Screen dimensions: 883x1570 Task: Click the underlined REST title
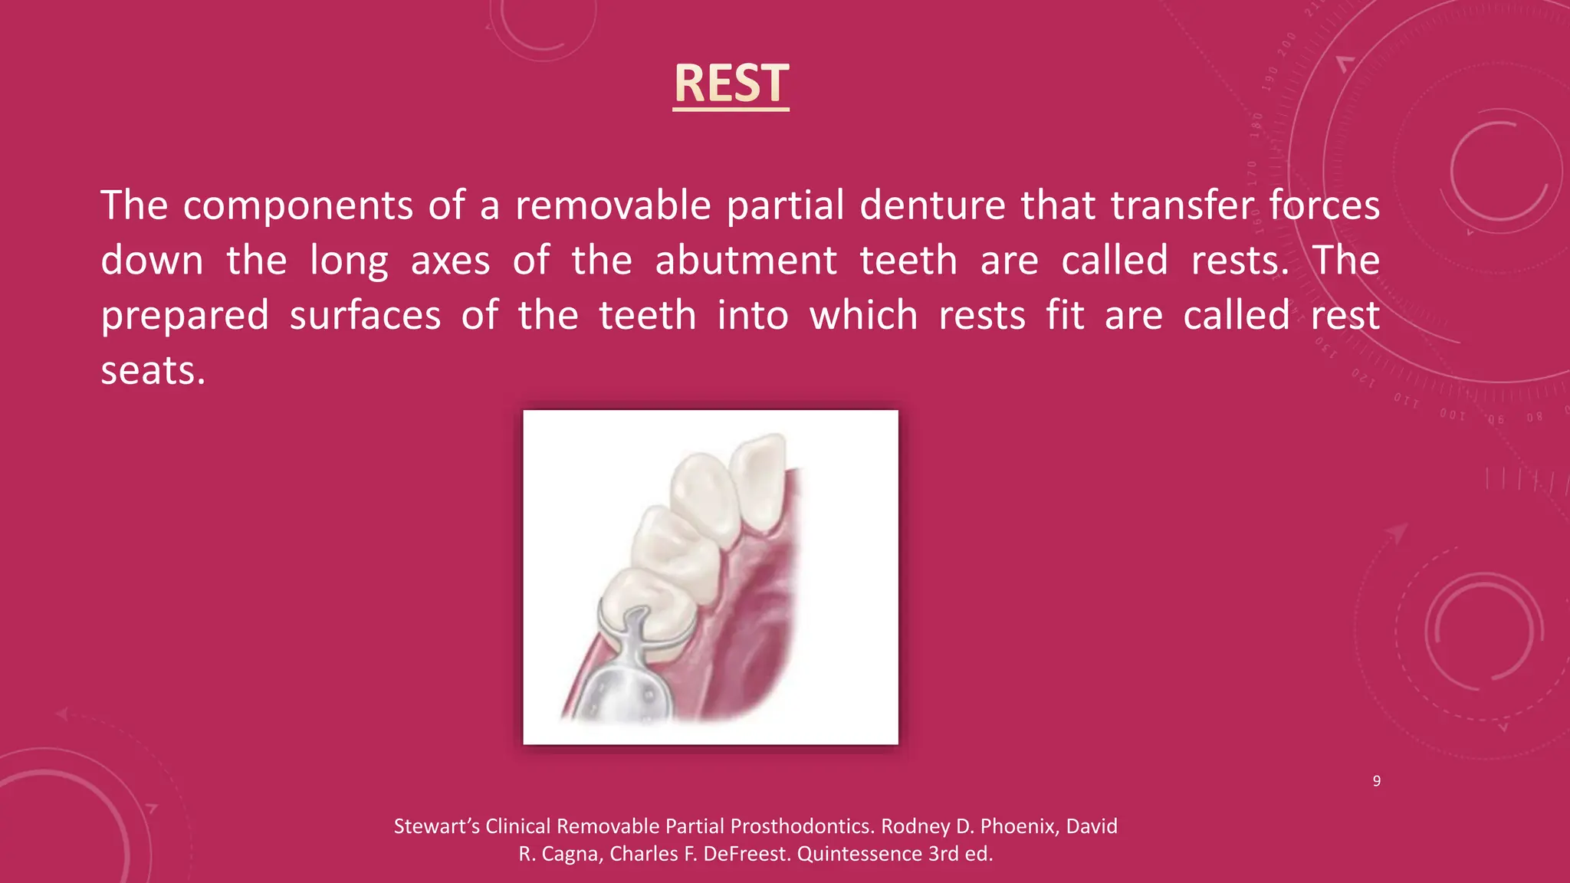point(731,84)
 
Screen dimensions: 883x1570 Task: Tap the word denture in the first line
point(931,206)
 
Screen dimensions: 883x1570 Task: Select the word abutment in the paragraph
point(745,261)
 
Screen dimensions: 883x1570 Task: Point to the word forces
point(1324,206)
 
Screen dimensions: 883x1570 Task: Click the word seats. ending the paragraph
point(153,372)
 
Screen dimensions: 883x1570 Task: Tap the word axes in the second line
point(450,261)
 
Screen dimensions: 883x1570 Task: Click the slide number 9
point(1376,781)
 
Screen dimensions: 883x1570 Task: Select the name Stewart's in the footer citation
point(437,826)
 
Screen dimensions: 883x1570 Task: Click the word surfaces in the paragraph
point(365,317)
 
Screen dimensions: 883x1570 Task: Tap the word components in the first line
point(298,206)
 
